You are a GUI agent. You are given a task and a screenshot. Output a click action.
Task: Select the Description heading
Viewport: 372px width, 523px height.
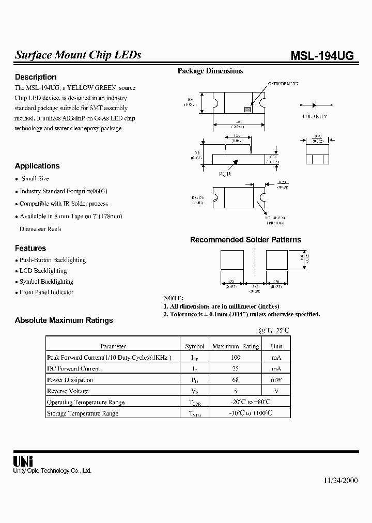(36, 77)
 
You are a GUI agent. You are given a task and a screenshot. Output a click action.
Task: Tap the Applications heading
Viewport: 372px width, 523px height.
(37, 166)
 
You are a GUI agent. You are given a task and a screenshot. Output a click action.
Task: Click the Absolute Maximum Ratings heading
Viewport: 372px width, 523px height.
(64, 320)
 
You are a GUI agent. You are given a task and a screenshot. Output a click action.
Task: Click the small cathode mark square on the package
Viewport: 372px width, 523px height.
(247, 109)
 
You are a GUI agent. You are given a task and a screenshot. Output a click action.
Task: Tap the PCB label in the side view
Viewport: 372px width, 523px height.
(225, 174)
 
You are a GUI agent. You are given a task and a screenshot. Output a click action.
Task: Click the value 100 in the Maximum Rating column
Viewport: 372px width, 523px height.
(236, 357)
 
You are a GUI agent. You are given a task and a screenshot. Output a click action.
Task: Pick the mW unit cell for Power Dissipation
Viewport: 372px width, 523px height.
(276, 380)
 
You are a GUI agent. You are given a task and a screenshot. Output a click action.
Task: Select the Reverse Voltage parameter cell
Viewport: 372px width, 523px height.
(68, 391)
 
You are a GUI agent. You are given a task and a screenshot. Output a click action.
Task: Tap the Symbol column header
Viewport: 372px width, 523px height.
(195, 346)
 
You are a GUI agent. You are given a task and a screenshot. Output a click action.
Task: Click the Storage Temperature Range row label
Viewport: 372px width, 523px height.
(83, 413)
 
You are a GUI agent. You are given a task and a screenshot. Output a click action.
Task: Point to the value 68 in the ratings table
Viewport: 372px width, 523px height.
(236, 380)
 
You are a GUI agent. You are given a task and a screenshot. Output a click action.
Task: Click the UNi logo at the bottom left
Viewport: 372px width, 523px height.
(21, 462)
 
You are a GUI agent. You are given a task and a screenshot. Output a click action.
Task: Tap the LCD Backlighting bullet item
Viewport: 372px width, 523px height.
(43, 271)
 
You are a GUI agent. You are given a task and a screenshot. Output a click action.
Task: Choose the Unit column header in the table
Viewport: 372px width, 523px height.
(276, 346)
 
